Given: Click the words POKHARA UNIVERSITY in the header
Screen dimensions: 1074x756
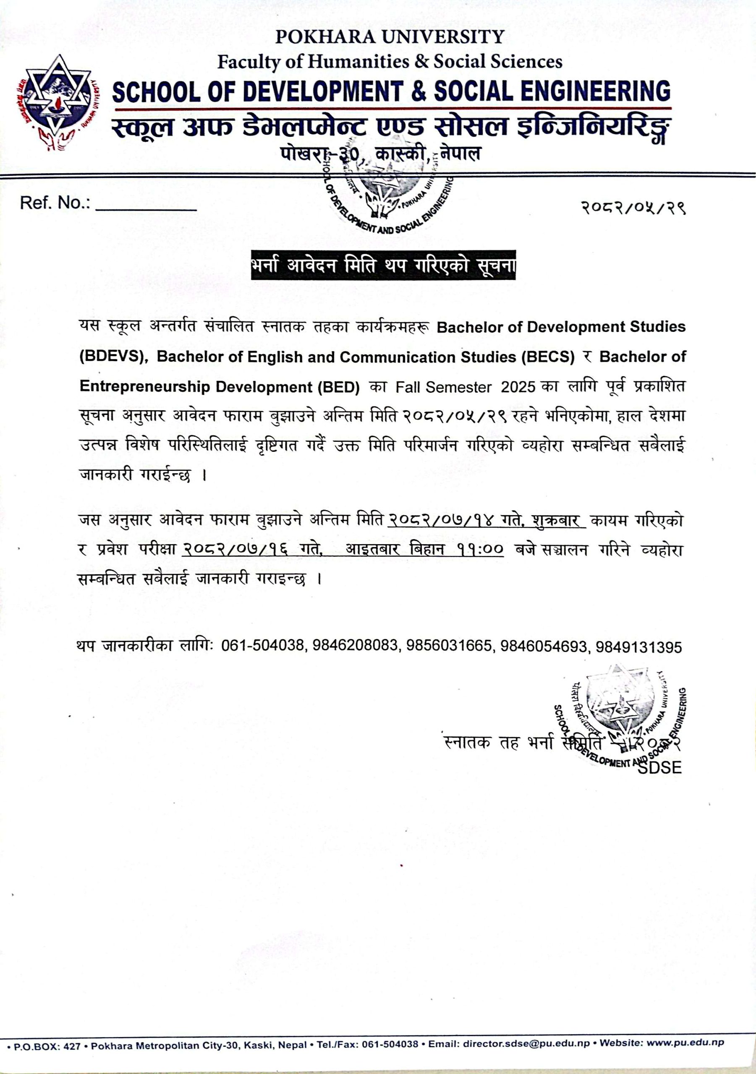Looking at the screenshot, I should click(389, 37).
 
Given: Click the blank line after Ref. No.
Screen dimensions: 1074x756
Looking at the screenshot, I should click(146, 206).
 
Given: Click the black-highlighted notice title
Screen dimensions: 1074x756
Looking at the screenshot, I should click(383, 265).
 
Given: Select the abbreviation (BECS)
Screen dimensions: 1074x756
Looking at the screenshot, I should click(547, 357).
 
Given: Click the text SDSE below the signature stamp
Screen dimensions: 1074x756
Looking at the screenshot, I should click(660, 768).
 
